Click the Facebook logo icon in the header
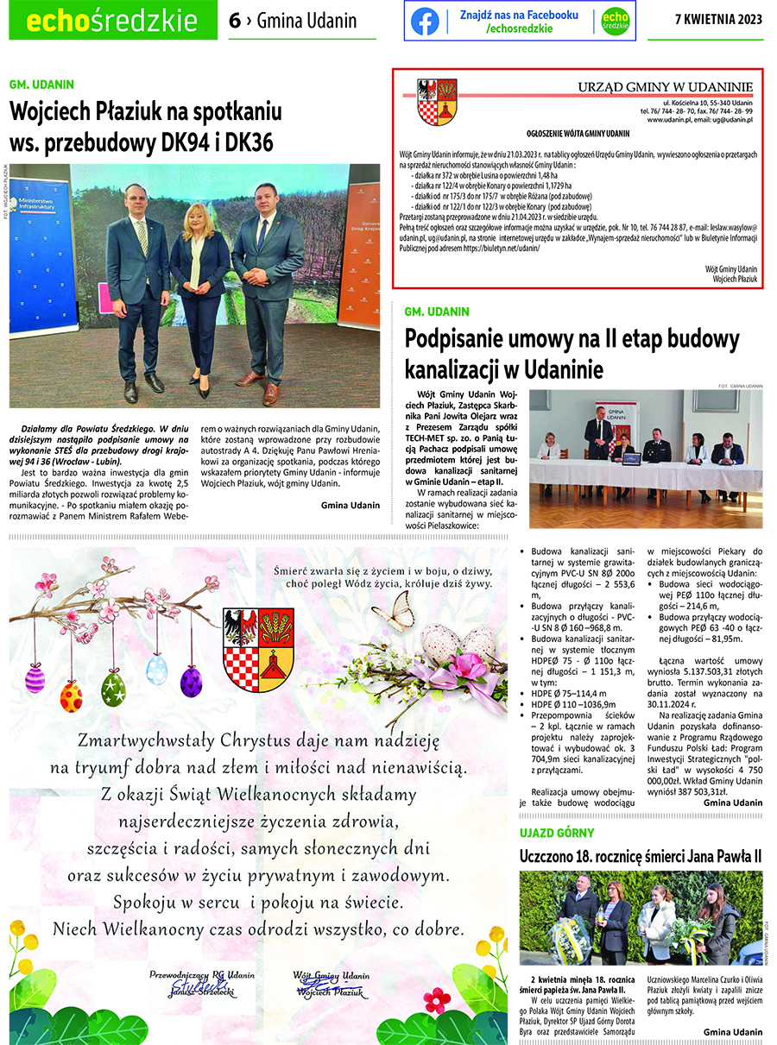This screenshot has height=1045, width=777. click(425, 22)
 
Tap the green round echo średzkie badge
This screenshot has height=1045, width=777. click(614, 22)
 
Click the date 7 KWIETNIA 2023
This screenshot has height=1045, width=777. click(717, 21)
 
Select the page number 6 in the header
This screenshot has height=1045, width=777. click(235, 22)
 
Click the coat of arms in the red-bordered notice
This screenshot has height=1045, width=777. click(436, 103)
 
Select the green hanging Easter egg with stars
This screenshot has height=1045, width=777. click(113, 689)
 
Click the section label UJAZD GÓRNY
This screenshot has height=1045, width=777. click(556, 833)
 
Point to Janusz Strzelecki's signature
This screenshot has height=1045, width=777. click(201, 986)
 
